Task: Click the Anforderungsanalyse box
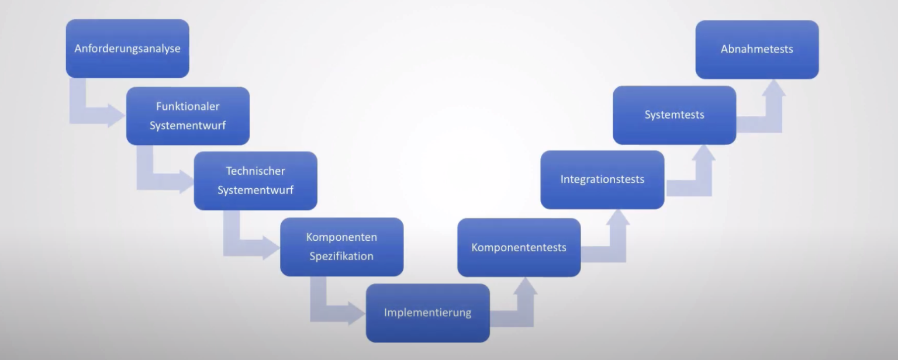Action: click(x=127, y=49)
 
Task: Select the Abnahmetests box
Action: click(x=757, y=49)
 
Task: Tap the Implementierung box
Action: click(x=428, y=313)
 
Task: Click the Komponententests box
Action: click(x=519, y=247)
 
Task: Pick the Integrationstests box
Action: click(x=602, y=179)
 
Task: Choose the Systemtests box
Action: click(x=674, y=115)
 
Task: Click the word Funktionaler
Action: click(x=188, y=106)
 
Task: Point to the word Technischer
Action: click(x=255, y=171)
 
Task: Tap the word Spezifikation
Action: click(x=341, y=256)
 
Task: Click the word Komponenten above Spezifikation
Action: click(x=341, y=237)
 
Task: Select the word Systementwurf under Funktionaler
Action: click(x=188, y=126)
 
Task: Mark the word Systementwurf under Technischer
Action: click(x=255, y=190)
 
